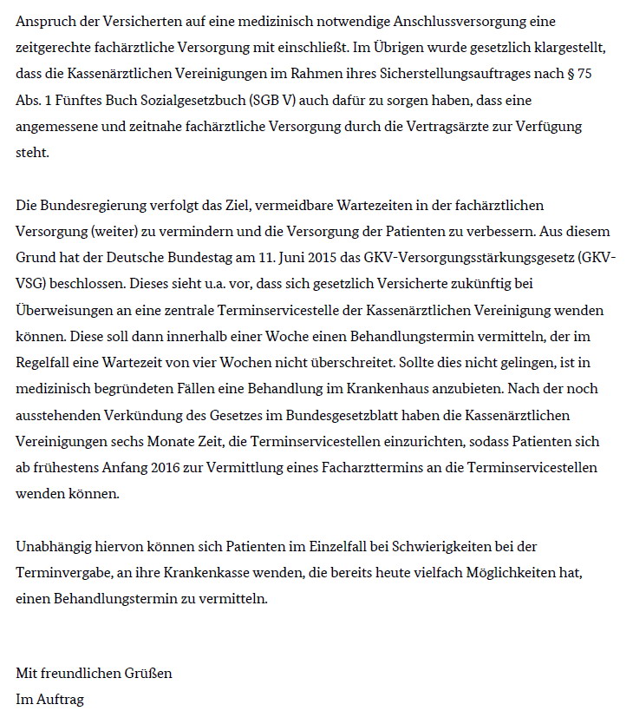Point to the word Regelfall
pos(43,362)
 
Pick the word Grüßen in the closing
pos(149,673)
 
